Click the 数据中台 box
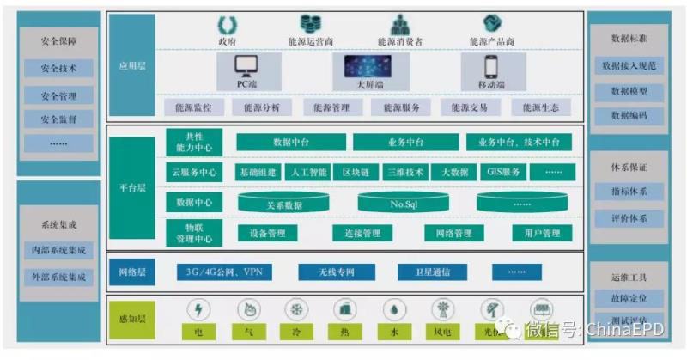(291, 142)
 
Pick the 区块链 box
(356, 172)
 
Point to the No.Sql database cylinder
(404, 204)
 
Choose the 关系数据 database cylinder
(284, 204)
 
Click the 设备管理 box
(267, 233)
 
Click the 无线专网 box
(325, 272)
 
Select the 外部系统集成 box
(58, 278)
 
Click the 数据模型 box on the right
(629, 90)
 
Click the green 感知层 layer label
(132, 320)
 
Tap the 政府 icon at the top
(228, 23)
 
